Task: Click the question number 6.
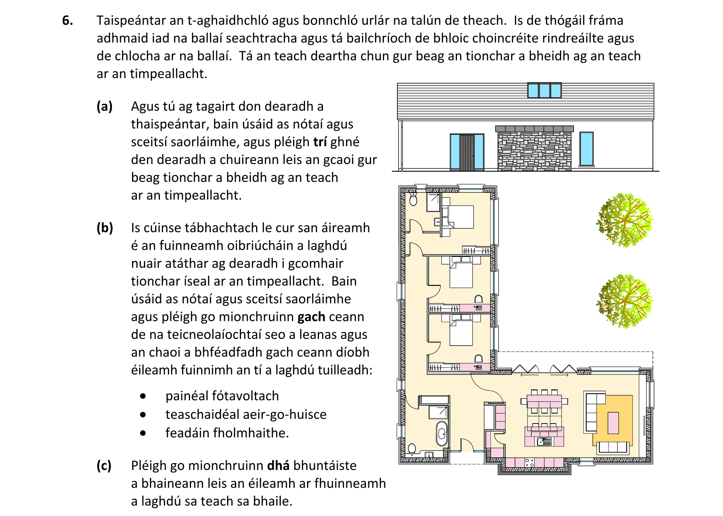(68, 20)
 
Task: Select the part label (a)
(105, 106)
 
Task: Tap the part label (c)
(104, 466)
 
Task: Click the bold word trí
(320, 142)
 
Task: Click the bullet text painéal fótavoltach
(222, 396)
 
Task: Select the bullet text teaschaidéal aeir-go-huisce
(246, 414)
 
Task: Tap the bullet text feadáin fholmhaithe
(227, 433)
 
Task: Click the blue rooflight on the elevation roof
(544, 91)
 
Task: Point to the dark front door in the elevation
(467, 153)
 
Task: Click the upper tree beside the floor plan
(624, 220)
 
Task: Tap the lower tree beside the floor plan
(624, 301)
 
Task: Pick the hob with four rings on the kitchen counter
(529, 462)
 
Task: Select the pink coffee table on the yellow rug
(613, 423)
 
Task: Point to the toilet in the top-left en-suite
(413, 199)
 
